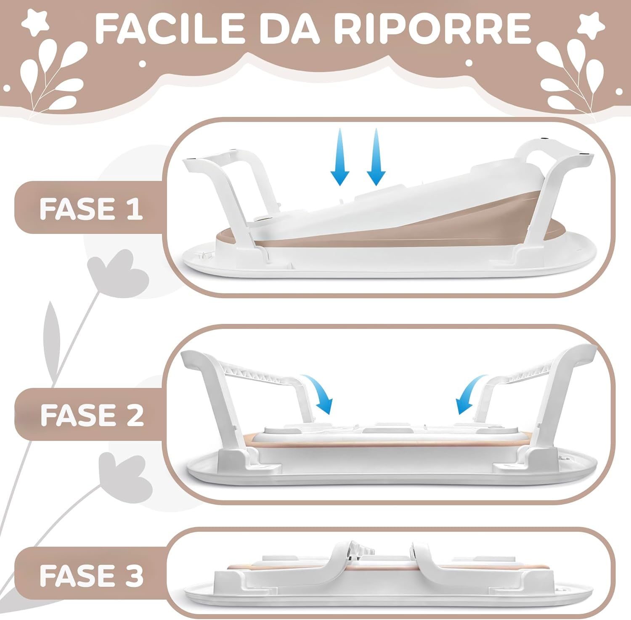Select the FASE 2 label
pyautogui.click(x=92, y=415)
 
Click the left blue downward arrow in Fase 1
pyautogui.click(x=340, y=158)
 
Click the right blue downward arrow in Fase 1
pyautogui.click(x=376, y=158)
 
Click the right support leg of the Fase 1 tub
pyautogui.click(x=547, y=198)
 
